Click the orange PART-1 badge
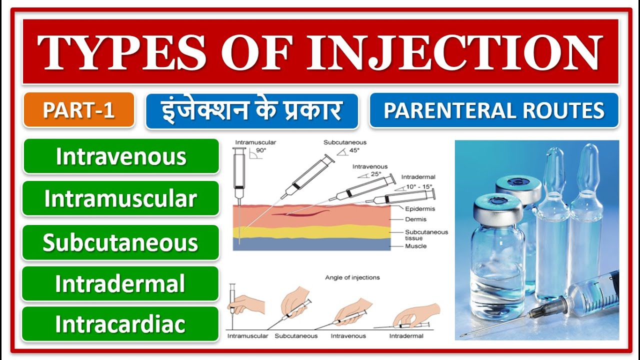click(78, 110)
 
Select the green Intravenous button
click(121, 156)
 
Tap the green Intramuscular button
click(120, 198)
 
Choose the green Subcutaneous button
click(120, 242)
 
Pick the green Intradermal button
click(120, 283)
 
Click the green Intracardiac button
click(120, 324)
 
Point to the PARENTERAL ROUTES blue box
click(494, 110)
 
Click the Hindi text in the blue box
click(252, 110)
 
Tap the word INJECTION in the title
click(453, 52)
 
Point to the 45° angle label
click(354, 150)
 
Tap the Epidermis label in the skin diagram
click(419, 209)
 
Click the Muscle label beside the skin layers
click(415, 246)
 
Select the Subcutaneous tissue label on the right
click(426, 234)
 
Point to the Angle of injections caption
click(352, 277)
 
